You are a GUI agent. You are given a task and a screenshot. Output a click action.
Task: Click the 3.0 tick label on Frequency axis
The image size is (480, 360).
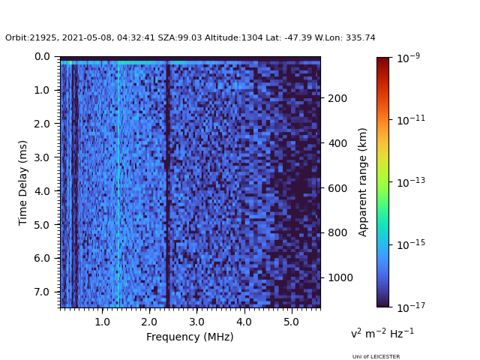[x=196, y=322]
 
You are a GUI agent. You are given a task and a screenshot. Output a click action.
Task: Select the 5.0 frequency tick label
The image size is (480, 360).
[x=291, y=322]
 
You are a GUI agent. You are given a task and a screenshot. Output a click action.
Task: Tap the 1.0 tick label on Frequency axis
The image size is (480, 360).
[x=102, y=322]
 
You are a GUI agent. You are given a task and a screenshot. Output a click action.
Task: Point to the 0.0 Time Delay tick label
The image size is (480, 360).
[x=42, y=57]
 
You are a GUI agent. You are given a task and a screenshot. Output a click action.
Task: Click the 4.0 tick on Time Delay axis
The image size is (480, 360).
[x=42, y=191]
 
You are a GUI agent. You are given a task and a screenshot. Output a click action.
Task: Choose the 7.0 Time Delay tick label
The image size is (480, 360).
[x=42, y=292]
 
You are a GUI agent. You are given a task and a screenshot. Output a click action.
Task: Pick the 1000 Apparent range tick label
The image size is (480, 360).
[x=340, y=277]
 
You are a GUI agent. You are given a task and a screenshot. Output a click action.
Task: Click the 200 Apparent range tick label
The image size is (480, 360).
[x=337, y=98]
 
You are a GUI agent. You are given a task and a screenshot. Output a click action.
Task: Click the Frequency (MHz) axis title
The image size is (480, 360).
[x=190, y=337]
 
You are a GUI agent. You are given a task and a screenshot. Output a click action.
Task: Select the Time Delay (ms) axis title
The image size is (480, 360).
[x=23, y=182]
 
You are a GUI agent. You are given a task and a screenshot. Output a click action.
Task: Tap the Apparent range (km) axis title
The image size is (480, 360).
[x=363, y=182]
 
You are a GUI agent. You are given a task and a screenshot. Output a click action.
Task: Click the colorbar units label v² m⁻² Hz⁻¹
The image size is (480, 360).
[x=382, y=333]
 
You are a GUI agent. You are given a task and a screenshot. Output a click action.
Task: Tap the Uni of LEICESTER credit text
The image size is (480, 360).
[x=376, y=357]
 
